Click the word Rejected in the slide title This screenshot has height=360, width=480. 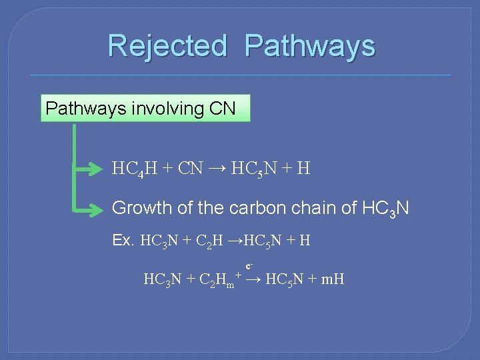[x=167, y=46]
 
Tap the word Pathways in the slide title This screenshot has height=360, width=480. [x=309, y=46]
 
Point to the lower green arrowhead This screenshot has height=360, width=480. [x=99, y=209]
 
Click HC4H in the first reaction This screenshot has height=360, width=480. [x=135, y=169]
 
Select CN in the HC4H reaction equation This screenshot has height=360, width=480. [x=190, y=169]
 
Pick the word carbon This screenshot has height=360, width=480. [x=258, y=208]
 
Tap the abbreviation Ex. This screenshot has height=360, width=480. [x=123, y=240]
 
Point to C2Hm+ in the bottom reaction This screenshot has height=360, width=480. [x=220, y=279]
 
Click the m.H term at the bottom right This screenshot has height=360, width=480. [x=332, y=279]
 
